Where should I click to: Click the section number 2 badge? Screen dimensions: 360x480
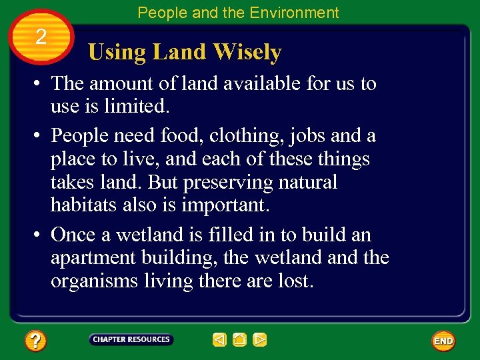(41, 37)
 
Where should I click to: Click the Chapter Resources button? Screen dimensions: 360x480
(131, 340)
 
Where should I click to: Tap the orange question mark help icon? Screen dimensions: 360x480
(35, 341)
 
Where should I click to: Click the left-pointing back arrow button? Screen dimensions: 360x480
(219, 340)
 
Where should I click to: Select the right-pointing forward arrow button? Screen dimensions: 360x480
(260, 340)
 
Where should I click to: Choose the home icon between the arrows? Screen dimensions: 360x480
(240, 340)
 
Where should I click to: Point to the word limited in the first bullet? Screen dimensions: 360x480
(136, 107)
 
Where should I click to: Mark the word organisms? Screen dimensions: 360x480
(95, 281)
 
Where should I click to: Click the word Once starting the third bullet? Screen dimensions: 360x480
(73, 235)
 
